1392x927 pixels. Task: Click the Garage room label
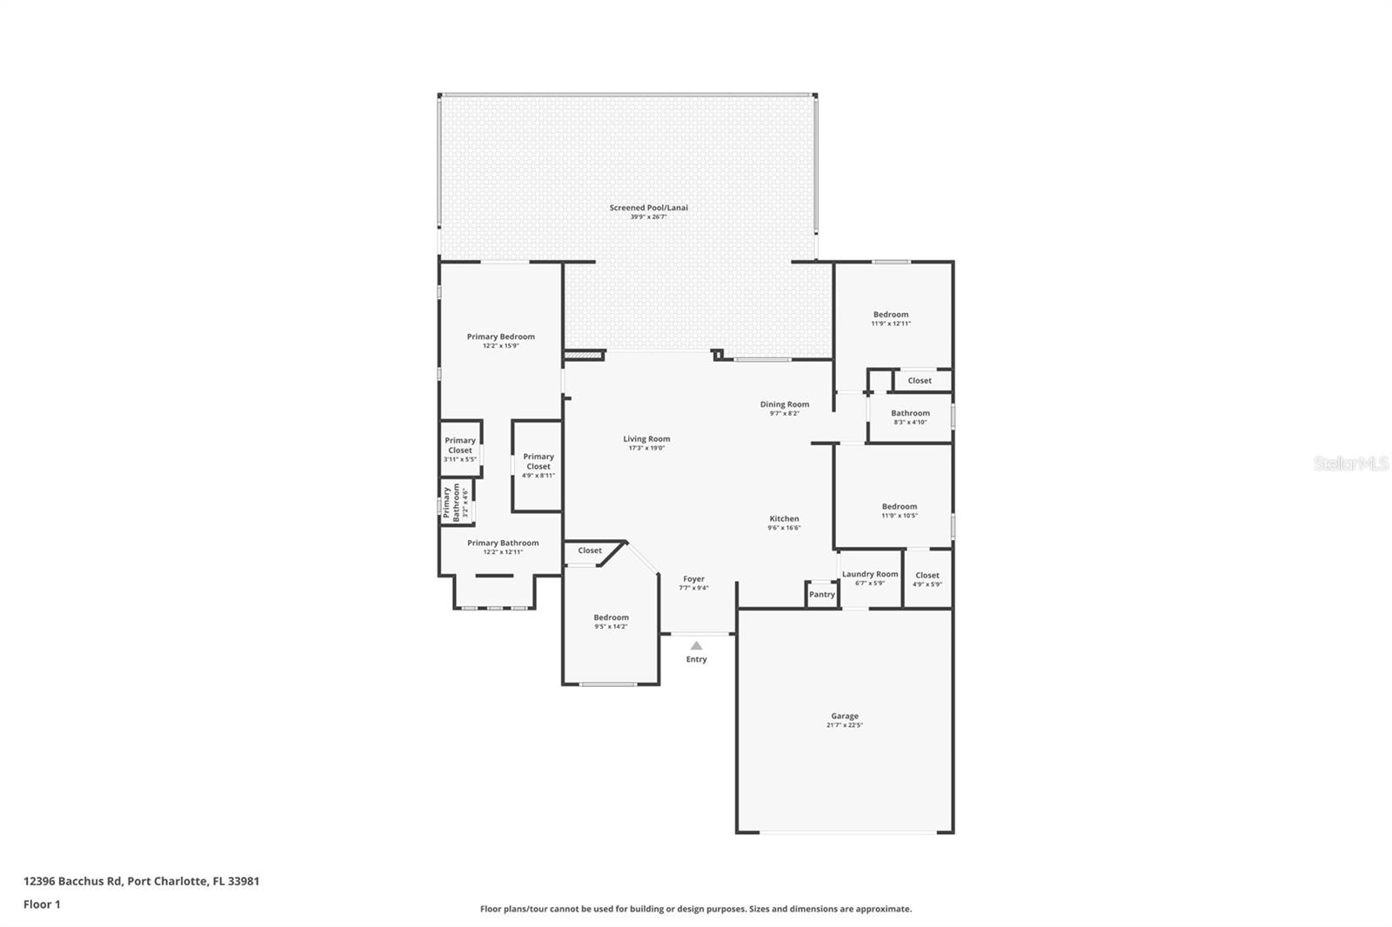(x=844, y=717)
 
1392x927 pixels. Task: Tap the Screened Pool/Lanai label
(x=648, y=208)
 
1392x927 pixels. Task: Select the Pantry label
(x=821, y=595)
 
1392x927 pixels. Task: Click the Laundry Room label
(x=869, y=574)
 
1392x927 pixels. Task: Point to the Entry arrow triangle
(x=696, y=645)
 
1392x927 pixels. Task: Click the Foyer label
(x=693, y=579)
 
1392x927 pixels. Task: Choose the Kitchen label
(x=784, y=519)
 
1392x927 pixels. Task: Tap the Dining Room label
(x=784, y=404)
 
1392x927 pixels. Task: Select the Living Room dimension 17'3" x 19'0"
(x=646, y=448)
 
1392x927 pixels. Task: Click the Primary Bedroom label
(x=500, y=337)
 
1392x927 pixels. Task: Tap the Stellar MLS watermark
(x=1350, y=464)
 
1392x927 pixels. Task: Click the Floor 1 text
(x=42, y=904)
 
